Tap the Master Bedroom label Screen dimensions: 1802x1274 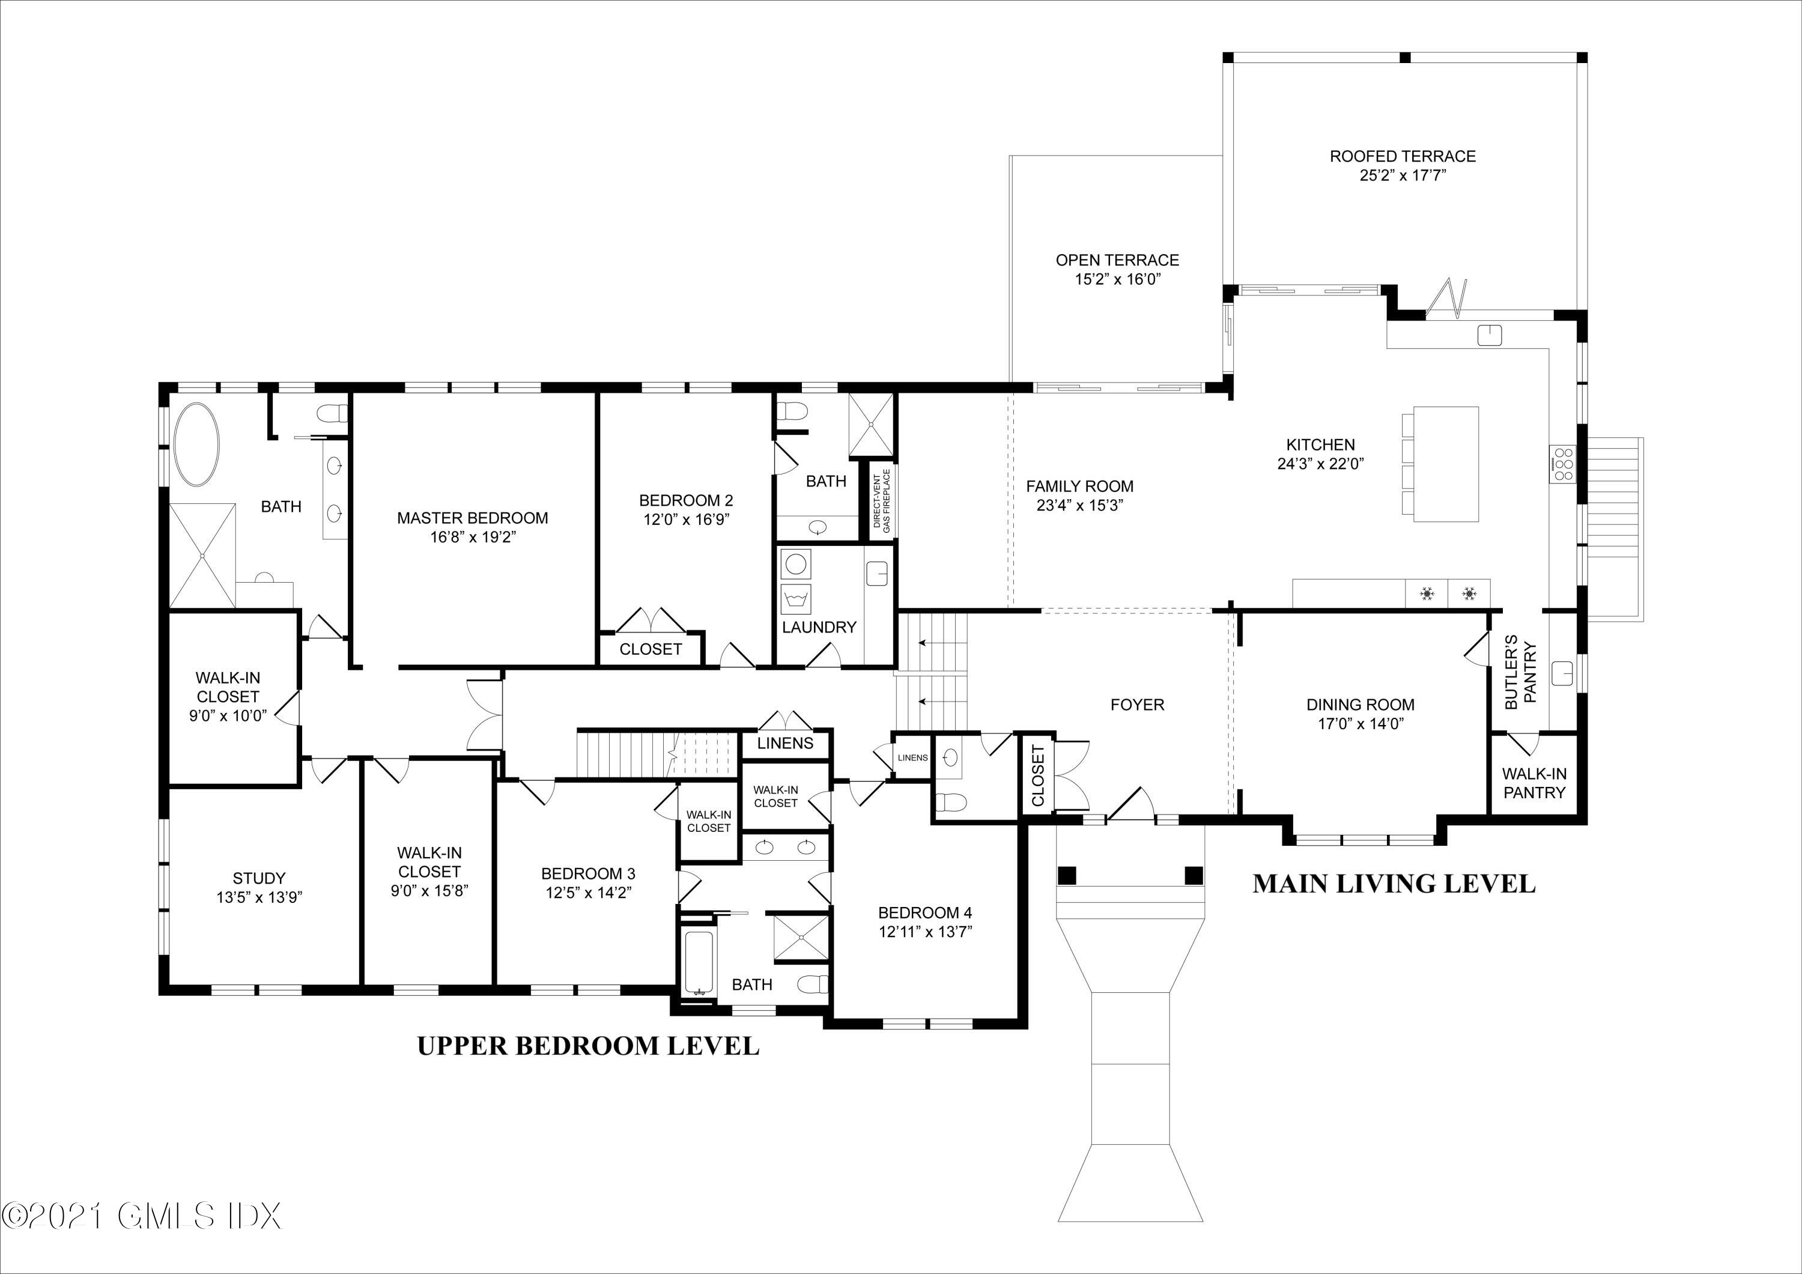click(x=473, y=518)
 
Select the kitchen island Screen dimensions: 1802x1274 click(x=1446, y=464)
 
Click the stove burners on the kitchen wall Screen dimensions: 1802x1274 click(x=1562, y=464)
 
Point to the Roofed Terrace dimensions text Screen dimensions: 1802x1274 click(x=1403, y=175)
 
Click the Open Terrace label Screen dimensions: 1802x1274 click(x=1118, y=260)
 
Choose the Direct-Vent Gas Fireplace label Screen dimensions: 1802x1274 click(x=881, y=502)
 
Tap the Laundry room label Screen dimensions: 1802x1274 click(x=819, y=627)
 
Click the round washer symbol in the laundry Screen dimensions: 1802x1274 click(x=796, y=565)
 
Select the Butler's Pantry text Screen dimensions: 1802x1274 click(x=1520, y=672)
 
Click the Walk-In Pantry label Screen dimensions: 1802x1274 click(x=1534, y=783)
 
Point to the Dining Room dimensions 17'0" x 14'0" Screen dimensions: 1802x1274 click(x=1360, y=724)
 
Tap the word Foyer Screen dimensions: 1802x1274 click(x=1137, y=705)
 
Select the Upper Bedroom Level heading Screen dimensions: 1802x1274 click(x=588, y=1046)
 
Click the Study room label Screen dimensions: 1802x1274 click(x=259, y=878)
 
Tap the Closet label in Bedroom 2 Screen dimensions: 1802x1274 click(x=651, y=649)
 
